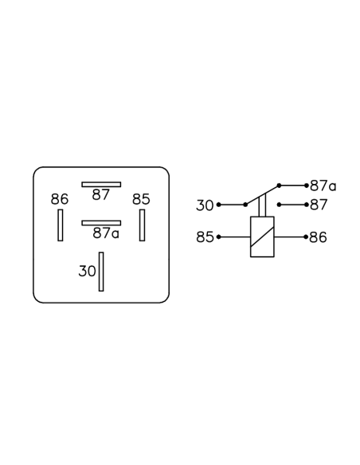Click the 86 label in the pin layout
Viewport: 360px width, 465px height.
click(60, 199)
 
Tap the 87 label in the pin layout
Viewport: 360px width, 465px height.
click(101, 195)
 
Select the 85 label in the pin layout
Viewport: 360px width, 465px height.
click(141, 199)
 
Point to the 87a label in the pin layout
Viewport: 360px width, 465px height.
click(106, 233)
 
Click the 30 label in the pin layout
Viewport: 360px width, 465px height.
click(87, 271)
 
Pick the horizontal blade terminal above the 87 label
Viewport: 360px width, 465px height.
click(101, 185)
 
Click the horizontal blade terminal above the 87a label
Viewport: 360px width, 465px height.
click(101, 223)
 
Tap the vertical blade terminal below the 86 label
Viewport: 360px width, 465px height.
click(61, 225)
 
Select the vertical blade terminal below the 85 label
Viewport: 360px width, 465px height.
click(143, 225)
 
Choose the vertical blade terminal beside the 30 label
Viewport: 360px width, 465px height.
click(101, 272)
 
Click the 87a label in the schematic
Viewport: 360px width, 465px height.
click(323, 186)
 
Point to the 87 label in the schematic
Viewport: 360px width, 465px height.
click(319, 205)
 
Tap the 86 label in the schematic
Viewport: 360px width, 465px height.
click(318, 237)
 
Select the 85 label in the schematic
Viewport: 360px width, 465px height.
click(205, 237)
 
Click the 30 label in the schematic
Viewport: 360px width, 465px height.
click(205, 205)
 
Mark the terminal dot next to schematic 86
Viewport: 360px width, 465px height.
click(306, 237)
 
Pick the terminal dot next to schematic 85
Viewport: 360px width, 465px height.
click(219, 237)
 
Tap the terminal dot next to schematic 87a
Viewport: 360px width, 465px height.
click(307, 186)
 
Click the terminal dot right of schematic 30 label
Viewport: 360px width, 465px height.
click(219, 205)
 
